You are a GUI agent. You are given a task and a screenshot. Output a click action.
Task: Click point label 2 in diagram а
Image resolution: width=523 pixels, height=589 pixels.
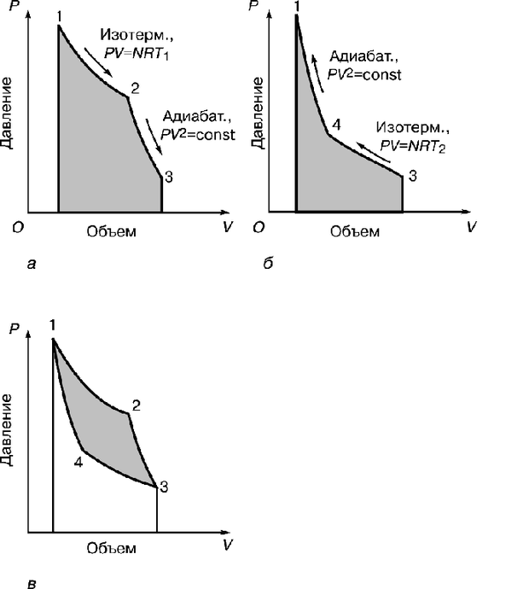click(135, 88)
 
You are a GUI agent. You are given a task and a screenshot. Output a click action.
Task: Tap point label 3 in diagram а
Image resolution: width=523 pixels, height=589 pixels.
click(169, 177)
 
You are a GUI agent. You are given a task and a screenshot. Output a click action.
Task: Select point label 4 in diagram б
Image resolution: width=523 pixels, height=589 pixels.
click(337, 125)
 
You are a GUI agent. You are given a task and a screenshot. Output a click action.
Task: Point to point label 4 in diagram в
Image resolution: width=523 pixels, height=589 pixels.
click(78, 461)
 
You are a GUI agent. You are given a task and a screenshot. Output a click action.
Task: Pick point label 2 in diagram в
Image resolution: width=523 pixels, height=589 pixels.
click(136, 405)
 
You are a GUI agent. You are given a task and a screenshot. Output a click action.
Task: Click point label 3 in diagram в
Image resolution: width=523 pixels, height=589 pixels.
click(163, 487)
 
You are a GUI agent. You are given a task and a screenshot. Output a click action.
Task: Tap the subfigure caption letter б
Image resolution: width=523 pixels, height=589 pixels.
click(267, 265)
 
